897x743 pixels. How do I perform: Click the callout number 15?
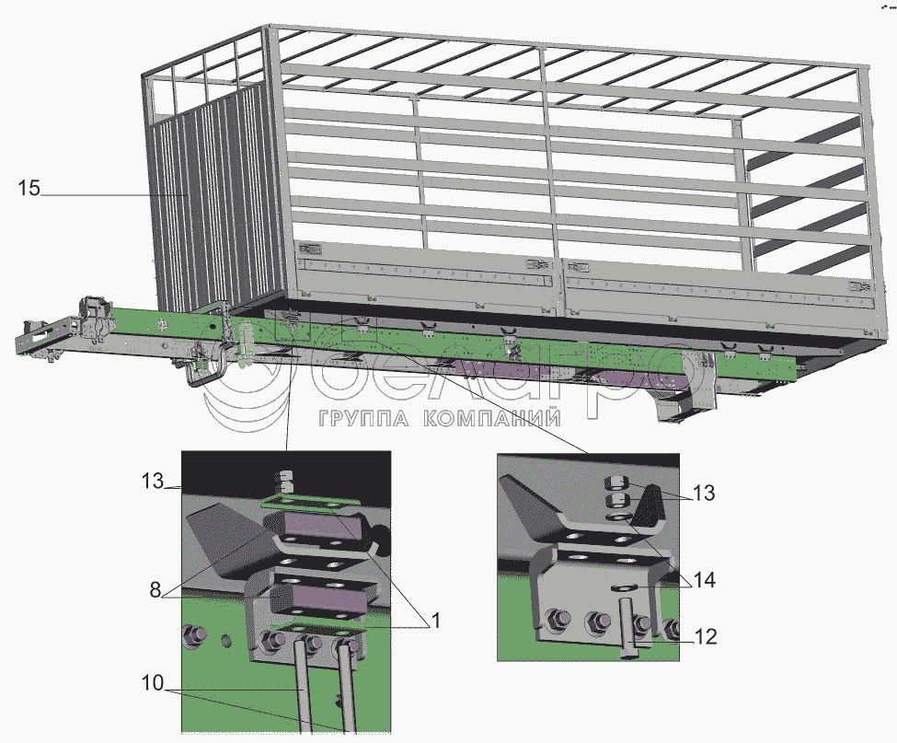click(x=29, y=188)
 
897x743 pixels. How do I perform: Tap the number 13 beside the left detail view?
click(x=153, y=481)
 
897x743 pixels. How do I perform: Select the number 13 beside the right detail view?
click(x=704, y=493)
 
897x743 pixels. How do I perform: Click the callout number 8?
click(x=155, y=589)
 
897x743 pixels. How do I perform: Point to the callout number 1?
click(x=436, y=620)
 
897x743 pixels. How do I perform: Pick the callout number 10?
click(x=153, y=683)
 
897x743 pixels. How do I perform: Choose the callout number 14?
click(x=704, y=580)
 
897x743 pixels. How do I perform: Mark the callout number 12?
click(x=706, y=636)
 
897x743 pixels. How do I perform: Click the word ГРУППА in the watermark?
click(x=363, y=418)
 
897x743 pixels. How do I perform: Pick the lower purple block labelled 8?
click(x=320, y=599)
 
